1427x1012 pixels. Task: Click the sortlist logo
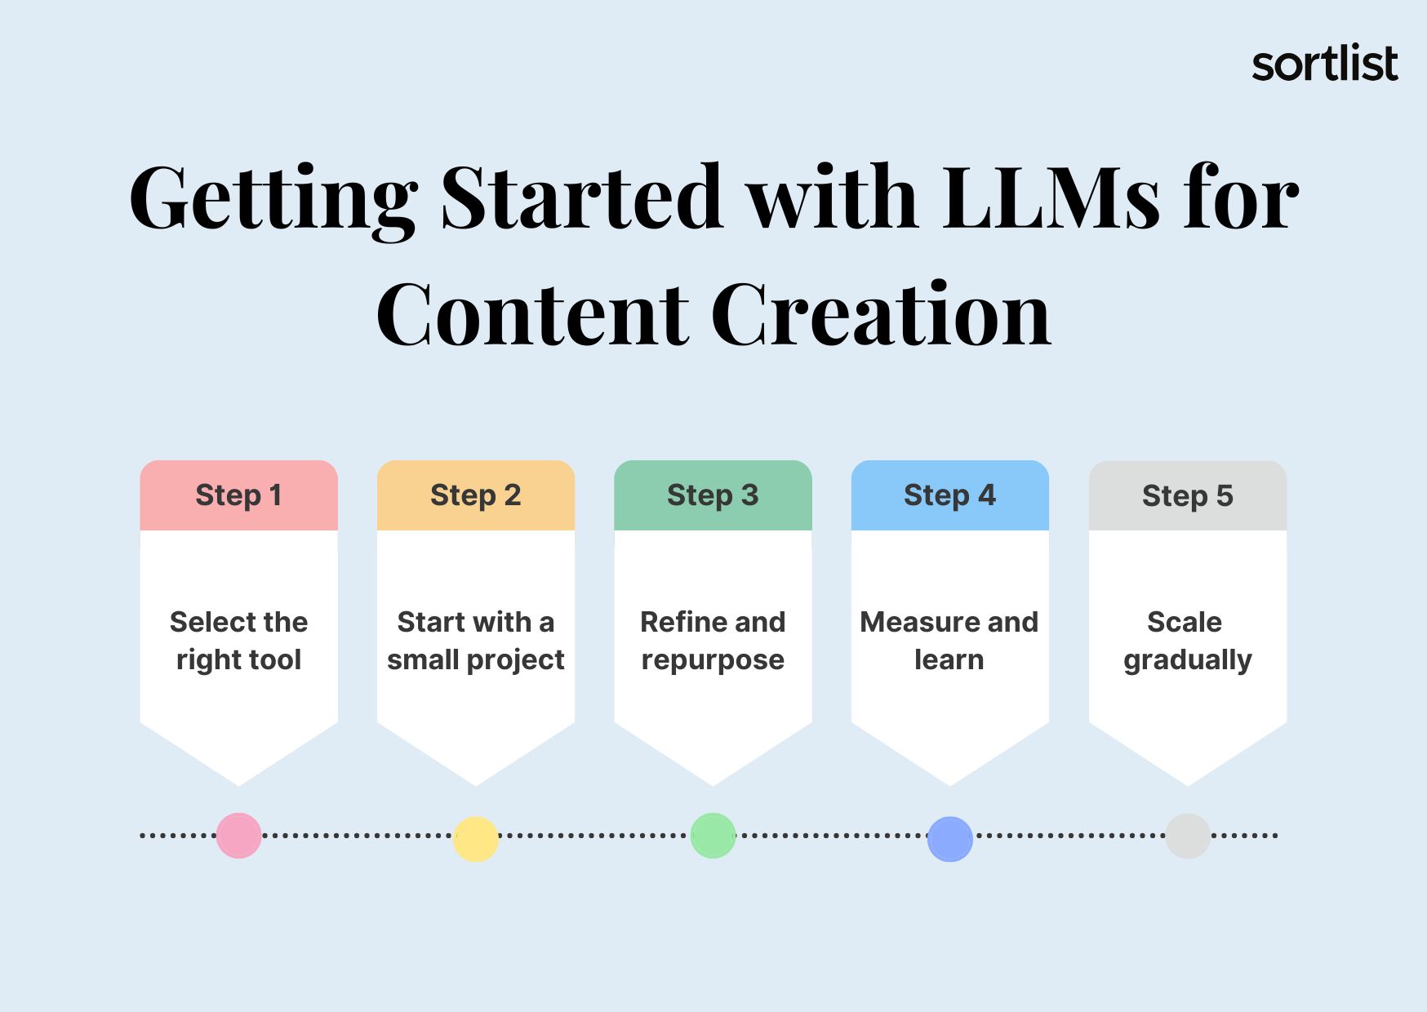(1325, 64)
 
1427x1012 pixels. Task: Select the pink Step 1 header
(239, 495)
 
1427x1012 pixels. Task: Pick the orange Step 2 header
(476, 495)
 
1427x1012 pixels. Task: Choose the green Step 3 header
(713, 495)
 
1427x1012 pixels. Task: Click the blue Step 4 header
(950, 495)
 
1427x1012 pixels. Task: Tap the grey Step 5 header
(1188, 495)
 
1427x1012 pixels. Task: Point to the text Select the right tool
(239, 641)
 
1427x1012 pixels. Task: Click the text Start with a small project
(476, 641)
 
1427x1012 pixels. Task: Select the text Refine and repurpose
(713, 641)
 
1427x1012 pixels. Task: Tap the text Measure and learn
(949, 641)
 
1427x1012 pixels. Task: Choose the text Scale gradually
(1188, 641)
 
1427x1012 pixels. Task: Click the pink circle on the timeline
(239, 836)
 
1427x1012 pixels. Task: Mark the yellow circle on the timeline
(476, 839)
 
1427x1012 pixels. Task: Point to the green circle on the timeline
(713, 836)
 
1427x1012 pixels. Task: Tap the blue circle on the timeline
(950, 839)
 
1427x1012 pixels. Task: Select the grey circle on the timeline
(1188, 836)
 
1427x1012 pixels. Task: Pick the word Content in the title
(532, 314)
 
